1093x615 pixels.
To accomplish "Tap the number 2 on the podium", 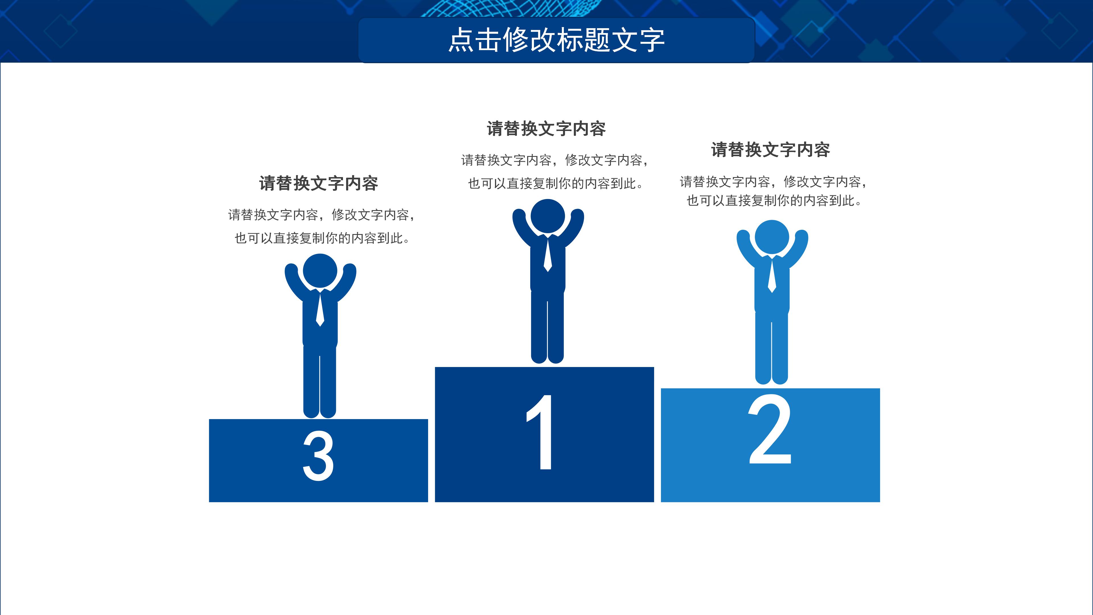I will point(770,430).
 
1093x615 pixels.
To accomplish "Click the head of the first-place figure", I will point(548,216).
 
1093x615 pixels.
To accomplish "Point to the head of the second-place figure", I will point(772,237).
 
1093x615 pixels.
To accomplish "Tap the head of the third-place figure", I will point(320,271).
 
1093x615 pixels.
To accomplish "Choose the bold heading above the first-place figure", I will point(546,129).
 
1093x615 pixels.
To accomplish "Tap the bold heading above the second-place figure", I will point(770,150).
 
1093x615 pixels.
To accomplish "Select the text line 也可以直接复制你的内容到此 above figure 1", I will point(555,184).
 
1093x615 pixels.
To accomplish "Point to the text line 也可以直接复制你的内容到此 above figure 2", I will point(774,201).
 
